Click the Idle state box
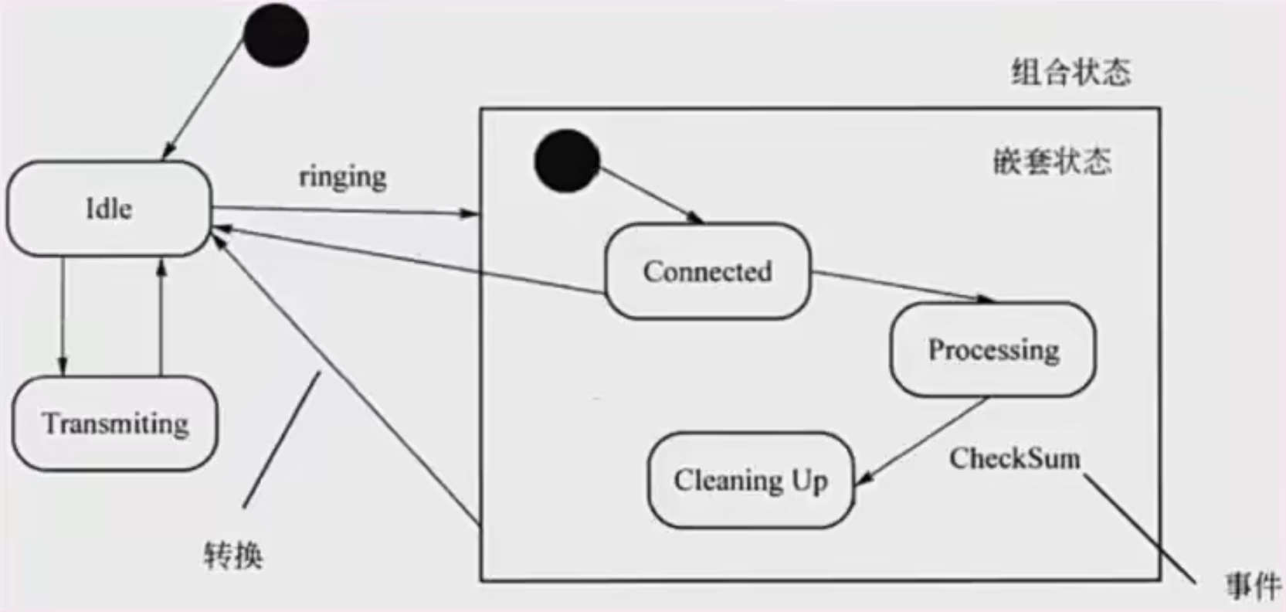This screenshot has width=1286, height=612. [108, 209]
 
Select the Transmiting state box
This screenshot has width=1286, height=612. [115, 423]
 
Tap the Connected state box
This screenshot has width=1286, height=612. [707, 271]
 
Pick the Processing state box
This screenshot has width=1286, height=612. [992, 349]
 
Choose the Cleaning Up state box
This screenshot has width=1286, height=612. [750, 481]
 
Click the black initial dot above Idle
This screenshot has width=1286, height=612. [276, 35]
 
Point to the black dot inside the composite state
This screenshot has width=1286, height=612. [567, 161]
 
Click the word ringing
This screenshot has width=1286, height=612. [343, 177]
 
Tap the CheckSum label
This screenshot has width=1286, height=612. [1014, 458]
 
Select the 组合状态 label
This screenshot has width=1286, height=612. [1071, 73]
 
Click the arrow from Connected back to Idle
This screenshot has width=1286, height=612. [409, 260]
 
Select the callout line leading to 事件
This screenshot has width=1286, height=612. [1139, 530]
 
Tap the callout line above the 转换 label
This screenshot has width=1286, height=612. [280, 439]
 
